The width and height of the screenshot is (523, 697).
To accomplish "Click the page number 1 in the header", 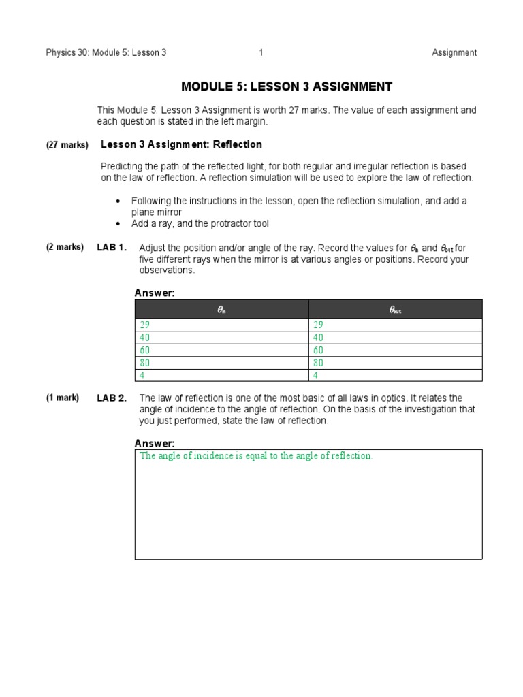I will (x=261, y=53).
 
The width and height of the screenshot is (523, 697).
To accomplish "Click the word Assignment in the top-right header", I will (x=454, y=53).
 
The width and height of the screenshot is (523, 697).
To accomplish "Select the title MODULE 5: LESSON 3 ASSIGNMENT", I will (x=286, y=87).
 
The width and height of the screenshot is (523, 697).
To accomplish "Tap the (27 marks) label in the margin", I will (x=67, y=146).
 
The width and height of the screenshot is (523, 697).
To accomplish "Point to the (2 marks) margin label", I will (x=65, y=248).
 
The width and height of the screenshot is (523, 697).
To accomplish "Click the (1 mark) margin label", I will (x=63, y=398).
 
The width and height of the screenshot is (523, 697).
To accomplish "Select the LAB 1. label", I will (x=112, y=248).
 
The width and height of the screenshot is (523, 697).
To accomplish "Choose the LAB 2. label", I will (x=112, y=398).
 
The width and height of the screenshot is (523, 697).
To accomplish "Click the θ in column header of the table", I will (x=221, y=310).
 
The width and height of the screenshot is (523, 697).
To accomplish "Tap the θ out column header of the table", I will (x=395, y=310).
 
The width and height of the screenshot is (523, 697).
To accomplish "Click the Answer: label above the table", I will (x=155, y=293).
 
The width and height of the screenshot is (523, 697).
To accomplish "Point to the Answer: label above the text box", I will (x=155, y=444).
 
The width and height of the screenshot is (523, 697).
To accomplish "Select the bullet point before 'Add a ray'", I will (x=118, y=224).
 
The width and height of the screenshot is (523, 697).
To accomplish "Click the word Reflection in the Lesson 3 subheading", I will (x=238, y=145).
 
